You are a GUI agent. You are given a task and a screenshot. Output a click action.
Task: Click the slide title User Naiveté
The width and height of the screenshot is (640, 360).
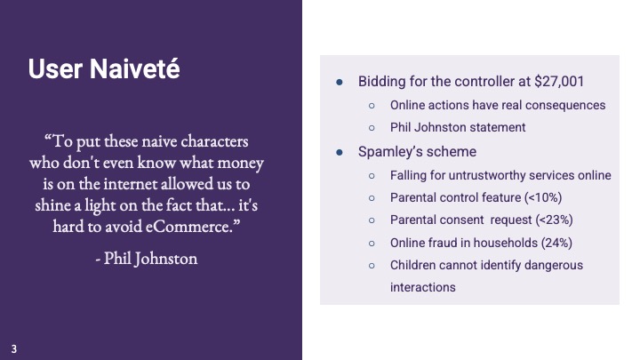103,69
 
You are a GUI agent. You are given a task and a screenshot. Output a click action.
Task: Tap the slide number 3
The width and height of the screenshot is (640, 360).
14,348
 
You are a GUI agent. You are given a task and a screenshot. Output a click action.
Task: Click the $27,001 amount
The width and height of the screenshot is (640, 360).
556,82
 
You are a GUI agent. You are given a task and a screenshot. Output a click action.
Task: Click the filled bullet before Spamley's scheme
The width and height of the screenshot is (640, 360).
340,152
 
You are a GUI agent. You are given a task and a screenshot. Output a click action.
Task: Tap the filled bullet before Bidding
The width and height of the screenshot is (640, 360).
340,82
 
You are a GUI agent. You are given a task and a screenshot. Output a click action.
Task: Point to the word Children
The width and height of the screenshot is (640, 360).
415,265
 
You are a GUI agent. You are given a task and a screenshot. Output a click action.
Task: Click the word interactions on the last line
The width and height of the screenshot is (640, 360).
423,287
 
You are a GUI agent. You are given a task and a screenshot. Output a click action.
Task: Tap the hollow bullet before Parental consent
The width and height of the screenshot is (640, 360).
372,220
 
